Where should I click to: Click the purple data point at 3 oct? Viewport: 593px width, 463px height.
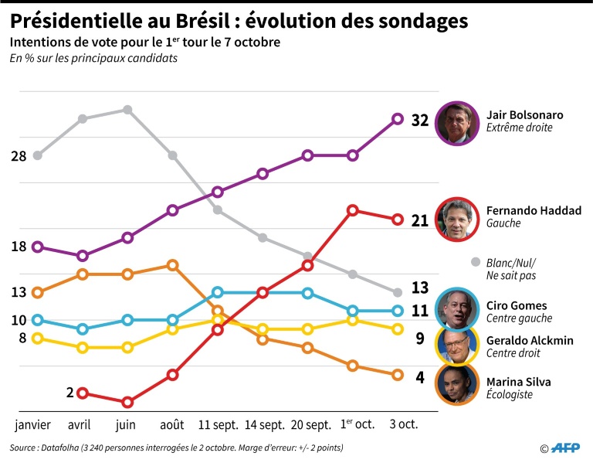pos(398,119)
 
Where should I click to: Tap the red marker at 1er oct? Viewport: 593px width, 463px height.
pos(352,210)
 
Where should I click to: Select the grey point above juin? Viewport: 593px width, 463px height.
pos(127,110)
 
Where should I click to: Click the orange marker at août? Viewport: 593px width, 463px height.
pos(173,265)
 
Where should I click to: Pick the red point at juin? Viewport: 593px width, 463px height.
pos(127,402)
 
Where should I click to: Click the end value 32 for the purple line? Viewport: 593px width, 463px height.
pos(420,121)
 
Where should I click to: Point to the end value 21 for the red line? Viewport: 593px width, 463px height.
pos(420,221)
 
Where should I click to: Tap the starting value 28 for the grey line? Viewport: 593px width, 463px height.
pos(19,156)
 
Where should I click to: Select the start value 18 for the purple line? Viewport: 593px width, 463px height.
pos(19,247)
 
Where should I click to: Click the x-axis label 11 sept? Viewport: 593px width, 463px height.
pos(218,425)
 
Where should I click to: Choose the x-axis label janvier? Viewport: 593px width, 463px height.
pos(33,425)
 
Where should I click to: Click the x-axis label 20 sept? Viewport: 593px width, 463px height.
pos(307,425)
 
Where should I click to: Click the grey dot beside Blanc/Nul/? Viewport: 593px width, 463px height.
pos(475,261)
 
